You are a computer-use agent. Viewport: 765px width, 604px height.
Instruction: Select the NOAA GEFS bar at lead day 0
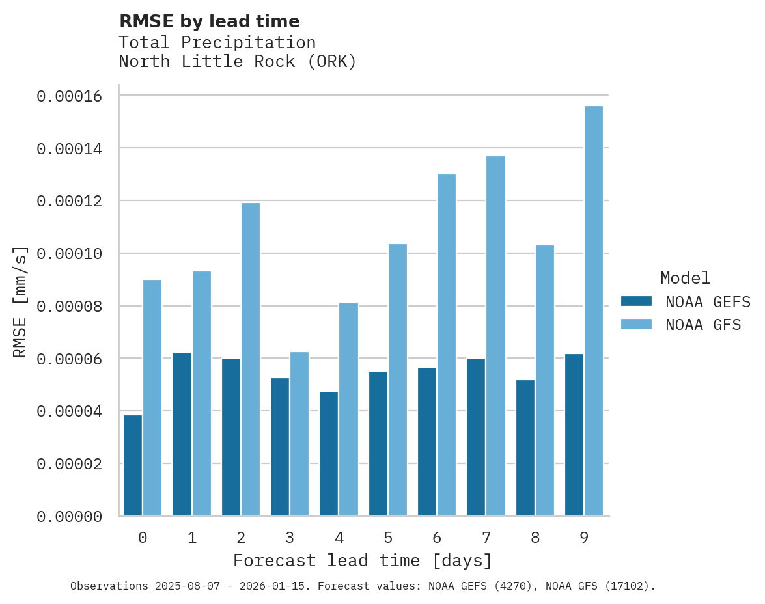pos(133,465)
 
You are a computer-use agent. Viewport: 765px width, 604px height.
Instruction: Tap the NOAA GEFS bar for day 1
pos(182,434)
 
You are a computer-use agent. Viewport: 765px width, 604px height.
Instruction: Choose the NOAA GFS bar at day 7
pos(495,336)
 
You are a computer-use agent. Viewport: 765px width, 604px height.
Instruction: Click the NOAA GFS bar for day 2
pos(251,359)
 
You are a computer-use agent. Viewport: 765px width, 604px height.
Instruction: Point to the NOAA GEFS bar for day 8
pos(525,448)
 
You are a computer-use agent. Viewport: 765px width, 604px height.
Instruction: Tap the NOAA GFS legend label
pos(703,324)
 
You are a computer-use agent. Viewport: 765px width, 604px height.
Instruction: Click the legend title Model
pos(685,278)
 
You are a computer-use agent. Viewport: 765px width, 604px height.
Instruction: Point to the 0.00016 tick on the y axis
pos(69,96)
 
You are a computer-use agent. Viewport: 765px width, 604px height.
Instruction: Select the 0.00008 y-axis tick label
pos(69,306)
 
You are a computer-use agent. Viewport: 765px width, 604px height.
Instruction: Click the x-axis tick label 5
pos(388,538)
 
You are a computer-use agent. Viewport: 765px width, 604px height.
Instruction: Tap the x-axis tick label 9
pos(584,538)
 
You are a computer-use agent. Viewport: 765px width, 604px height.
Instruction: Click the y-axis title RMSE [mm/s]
pos(21,301)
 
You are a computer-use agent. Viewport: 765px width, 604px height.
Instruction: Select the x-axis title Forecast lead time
pos(363,560)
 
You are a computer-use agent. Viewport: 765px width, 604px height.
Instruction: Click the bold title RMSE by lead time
pos(210,21)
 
